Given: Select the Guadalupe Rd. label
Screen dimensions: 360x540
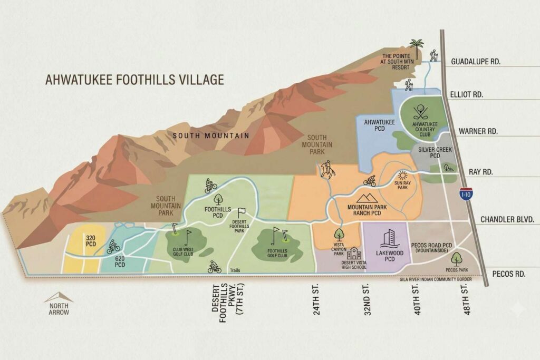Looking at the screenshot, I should (x=476, y=62).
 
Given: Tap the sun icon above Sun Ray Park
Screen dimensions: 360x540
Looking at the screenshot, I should (x=403, y=176).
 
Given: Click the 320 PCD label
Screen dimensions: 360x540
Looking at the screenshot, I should (x=90, y=241).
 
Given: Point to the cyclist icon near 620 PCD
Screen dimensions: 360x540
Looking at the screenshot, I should (x=113, y=247).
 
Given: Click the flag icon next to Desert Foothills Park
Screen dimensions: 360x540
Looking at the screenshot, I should (x=242, y=212).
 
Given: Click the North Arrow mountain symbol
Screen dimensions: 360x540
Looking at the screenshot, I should (x=59, y=297).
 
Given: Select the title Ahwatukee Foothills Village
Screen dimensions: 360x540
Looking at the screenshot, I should (x=134, y=80).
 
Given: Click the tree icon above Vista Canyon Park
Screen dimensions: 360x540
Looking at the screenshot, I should (x=339, y=233).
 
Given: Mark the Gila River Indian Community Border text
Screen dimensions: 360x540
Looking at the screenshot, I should (x=436, y=279).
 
